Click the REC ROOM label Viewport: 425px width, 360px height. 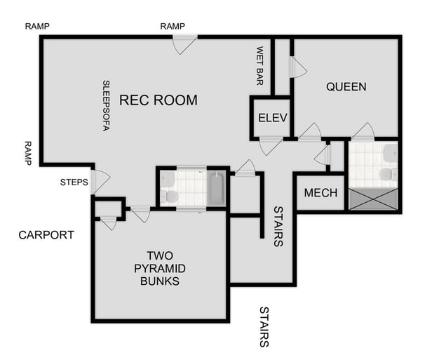coord(158,100)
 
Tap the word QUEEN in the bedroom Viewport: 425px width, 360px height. coord(346,87)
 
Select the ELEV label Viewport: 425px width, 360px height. coord(272,118)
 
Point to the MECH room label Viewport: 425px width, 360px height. coord(321,193)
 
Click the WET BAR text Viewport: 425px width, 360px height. coord(259,66)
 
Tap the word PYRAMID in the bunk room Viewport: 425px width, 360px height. coord(159,269)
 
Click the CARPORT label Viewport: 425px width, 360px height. coord(46,235)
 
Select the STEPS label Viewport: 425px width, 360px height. coord(74,182)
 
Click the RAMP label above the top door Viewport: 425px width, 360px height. coord(173,26)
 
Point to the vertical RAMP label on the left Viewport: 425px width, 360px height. coord(28,152)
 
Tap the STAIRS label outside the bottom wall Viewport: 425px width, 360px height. coord(264,326)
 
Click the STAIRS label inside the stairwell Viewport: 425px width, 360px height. coord(278,226)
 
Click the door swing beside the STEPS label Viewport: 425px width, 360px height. coord(99,182)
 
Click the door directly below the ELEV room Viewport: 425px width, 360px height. coord(270,145)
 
